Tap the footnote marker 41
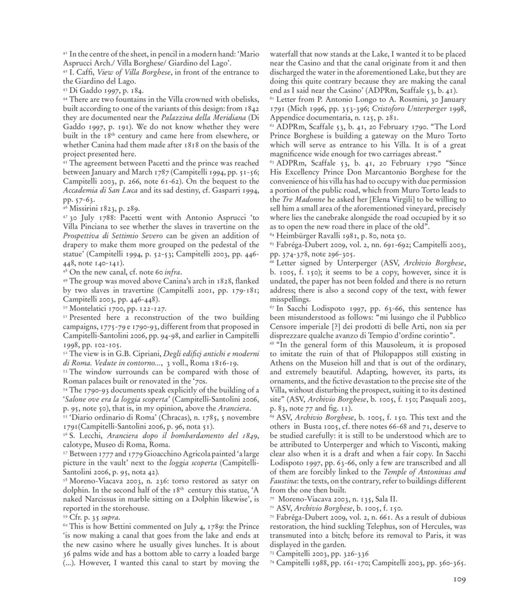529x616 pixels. point(65,53)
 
